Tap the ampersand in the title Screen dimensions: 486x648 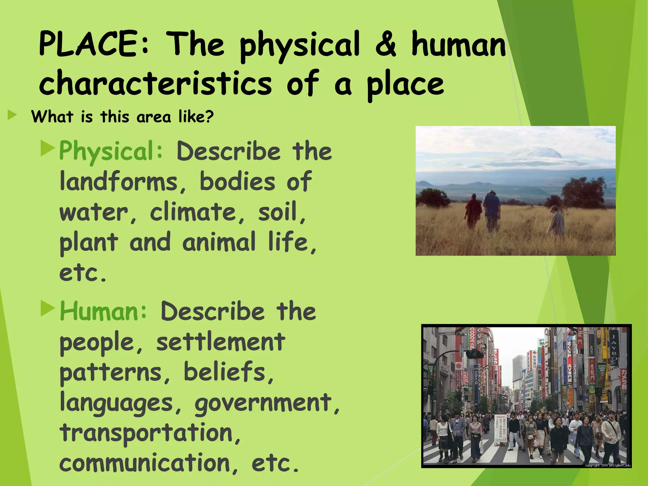(x=385, y=44)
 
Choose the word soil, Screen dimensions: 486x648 (x=282, y=212)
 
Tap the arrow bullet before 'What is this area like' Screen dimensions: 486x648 (x=12, y=115)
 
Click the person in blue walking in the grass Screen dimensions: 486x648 (x=491, y=210)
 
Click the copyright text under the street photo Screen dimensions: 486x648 (x=607, y=465)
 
